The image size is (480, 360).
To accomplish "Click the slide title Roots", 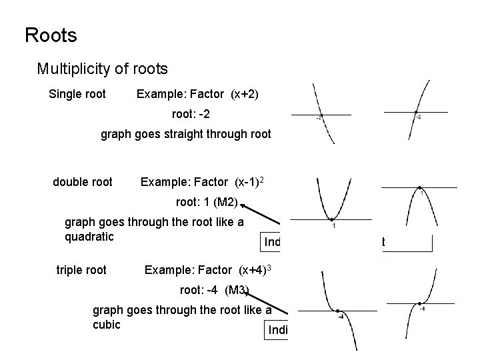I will tap(51, 35).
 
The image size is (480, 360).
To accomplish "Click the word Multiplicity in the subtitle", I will tap(71, 69).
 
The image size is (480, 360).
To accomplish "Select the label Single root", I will tap(77, 94).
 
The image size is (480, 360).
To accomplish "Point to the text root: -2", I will tap(191, 114).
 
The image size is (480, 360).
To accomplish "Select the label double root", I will tap(83, 182).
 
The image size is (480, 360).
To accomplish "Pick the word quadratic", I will tap(89, 237).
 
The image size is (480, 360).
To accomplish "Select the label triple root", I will tap(82, 270).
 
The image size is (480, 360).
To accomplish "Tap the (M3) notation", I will tap(237, 290).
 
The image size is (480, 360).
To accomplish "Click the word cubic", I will tap(106, 325).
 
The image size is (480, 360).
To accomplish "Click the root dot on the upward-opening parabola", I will tap(331, 219).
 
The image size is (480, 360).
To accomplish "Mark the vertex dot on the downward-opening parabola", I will tap(419, 188).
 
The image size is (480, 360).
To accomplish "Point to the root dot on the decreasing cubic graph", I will tap(338, 311).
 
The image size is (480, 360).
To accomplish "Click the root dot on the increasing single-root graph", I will tap(415, 112).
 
